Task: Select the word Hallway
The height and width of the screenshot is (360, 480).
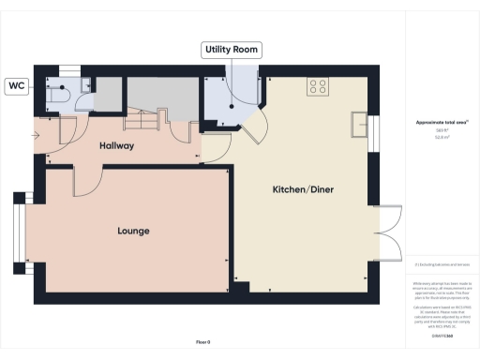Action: [117, 146]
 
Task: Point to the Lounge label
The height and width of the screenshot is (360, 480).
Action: [134, 231]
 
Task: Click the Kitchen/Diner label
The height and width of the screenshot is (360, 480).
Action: [303, 190]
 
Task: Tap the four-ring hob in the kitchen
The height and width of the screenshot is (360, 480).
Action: [317, 86]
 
